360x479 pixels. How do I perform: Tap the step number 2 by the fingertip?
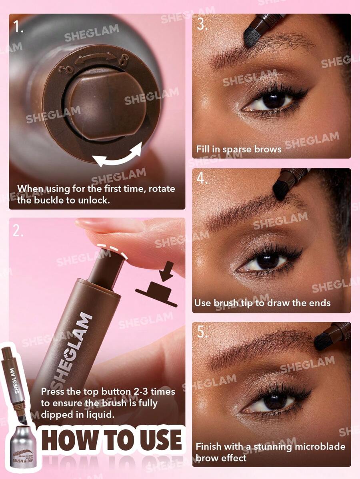(18, 231)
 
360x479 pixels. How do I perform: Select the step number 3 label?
(202, 25)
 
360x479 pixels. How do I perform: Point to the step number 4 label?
(202, 178)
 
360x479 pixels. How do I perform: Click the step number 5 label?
(202, 332)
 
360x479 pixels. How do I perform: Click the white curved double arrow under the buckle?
(117, 155)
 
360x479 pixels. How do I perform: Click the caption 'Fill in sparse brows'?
(239, 149)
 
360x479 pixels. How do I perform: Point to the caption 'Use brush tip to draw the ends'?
(262, 303)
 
